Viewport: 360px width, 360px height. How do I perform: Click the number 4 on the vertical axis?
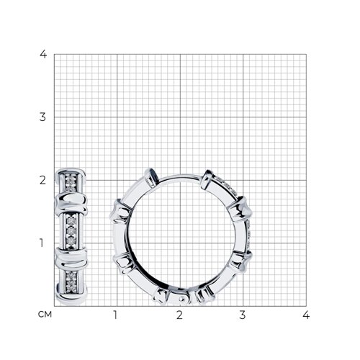pos(43,54)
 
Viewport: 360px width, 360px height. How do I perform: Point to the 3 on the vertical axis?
pos(42,117)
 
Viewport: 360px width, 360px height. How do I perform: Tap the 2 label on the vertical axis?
pos(42,180)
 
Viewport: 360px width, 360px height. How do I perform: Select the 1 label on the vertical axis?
pos(42,243)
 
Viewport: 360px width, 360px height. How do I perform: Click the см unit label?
pos(45,315)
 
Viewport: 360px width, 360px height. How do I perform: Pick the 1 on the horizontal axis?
pos(115,315)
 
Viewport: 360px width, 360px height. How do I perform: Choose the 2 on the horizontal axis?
pos(179,315)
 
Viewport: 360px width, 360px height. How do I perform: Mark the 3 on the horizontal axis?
pos(243,315)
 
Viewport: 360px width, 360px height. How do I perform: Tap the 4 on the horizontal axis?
pos(306,315)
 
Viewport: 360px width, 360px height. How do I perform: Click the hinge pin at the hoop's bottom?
pos(182,299)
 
